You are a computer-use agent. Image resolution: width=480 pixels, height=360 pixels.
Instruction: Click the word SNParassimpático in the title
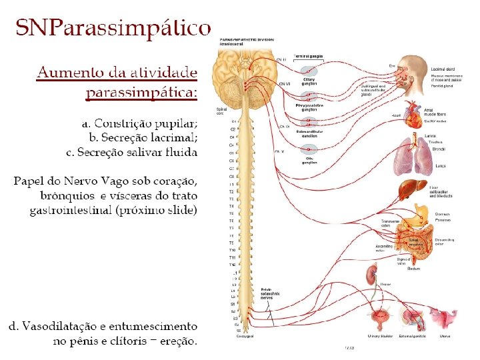coord(113,29)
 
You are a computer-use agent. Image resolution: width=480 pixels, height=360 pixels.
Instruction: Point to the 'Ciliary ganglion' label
coord(309,81)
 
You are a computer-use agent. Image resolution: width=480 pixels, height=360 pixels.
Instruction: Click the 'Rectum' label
coord(413,269)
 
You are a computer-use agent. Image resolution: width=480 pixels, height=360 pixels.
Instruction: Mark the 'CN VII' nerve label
coord(285,83)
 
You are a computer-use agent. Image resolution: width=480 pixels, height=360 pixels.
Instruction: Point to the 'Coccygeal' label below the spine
coord(245,336)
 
